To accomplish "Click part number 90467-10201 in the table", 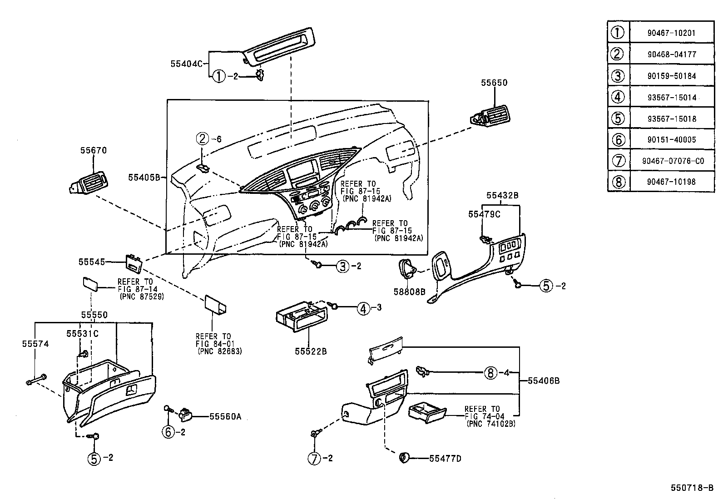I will (x=672, y=33).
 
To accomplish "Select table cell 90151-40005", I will (x=672, y=139).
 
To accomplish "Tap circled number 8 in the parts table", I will (x=618, y=182).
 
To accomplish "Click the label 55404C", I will (x=186, y=64).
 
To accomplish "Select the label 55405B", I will (x=144, y=178).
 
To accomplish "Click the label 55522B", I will (x=311, y=351).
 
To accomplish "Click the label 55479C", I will (x=484, y=214).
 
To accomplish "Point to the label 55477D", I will (x=445, y=459).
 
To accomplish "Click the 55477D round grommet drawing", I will (x=403, y=458).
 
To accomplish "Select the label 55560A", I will (x=225, y=416).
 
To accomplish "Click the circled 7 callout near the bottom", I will (x=315, y=459).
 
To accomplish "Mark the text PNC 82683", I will (x=220, y=351).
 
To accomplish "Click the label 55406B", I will (x=544, y=380).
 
